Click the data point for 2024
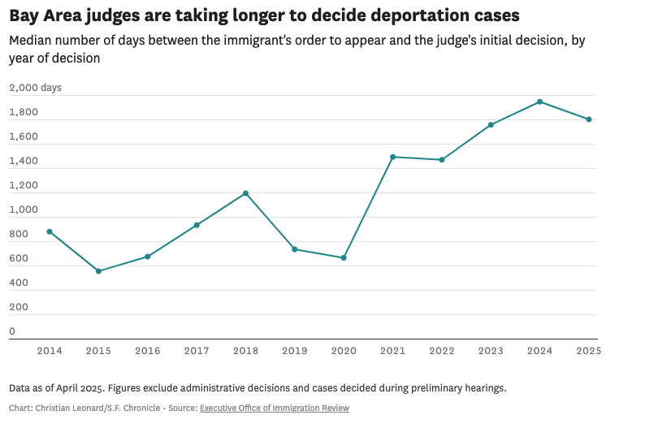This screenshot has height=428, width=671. [539, 102]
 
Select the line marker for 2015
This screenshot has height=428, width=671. [98, 271]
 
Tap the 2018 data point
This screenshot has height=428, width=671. [245, 193]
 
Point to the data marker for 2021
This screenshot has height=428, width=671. [392, 157]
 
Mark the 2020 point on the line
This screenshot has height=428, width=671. [344, 257]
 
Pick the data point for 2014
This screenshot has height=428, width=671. [50, 231]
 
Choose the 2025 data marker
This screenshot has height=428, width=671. [589, 119]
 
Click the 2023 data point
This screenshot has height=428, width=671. [491, 125]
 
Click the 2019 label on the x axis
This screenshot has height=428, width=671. [294, 350]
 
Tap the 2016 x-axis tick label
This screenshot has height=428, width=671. [147, 350]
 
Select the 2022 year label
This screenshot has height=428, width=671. [441, 350]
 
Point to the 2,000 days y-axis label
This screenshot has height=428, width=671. [35, 88]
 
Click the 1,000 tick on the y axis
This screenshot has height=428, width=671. [24, 210]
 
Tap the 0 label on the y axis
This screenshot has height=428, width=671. [12, 331]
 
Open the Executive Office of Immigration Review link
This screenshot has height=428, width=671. [274, 409]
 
